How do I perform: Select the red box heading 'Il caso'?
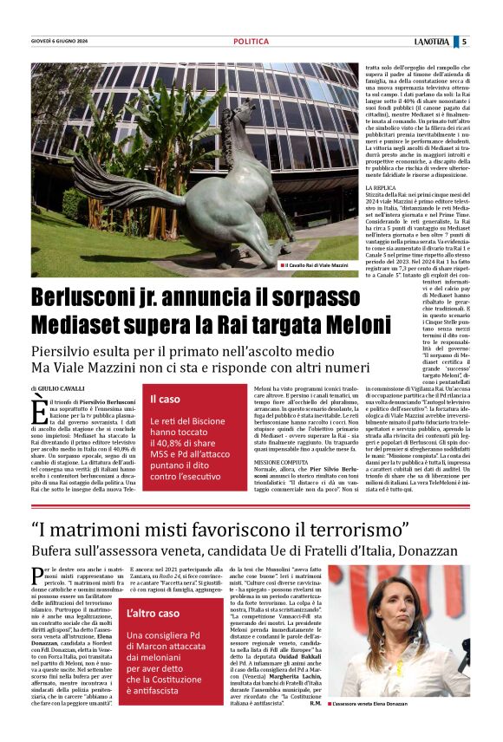pyautogui.click(x=166, y=399)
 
